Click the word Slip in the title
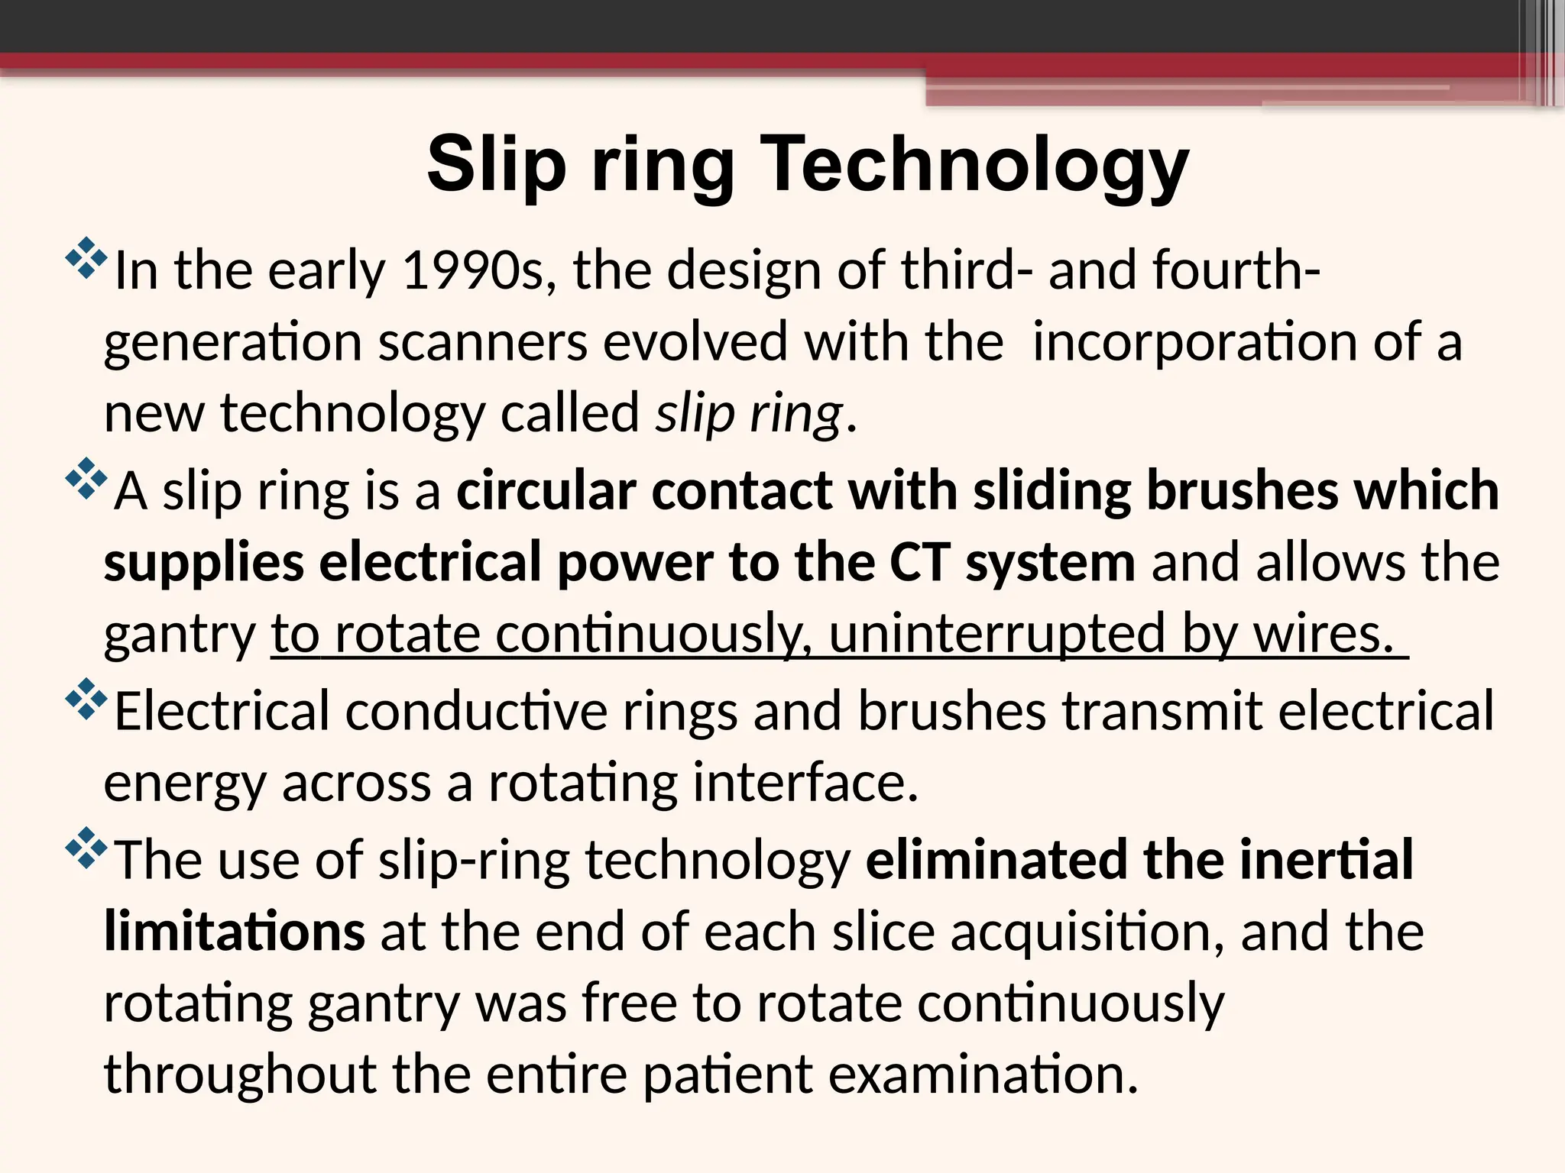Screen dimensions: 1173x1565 [x=497, y=164]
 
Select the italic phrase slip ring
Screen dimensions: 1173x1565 [x=750, y=413]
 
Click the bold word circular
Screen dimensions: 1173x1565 [x=546, y=490]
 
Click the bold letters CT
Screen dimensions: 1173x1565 [x=920, y=562]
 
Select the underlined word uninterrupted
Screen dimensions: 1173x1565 [x=996, y=634]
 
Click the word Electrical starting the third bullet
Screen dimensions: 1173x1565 [x=222, y=710]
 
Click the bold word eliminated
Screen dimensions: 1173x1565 [x=996, y=860]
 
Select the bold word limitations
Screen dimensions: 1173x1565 [x=235, y=932]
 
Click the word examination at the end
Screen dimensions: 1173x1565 [x=983, y=1074]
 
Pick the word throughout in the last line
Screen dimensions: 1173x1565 [x=240, y=1074]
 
